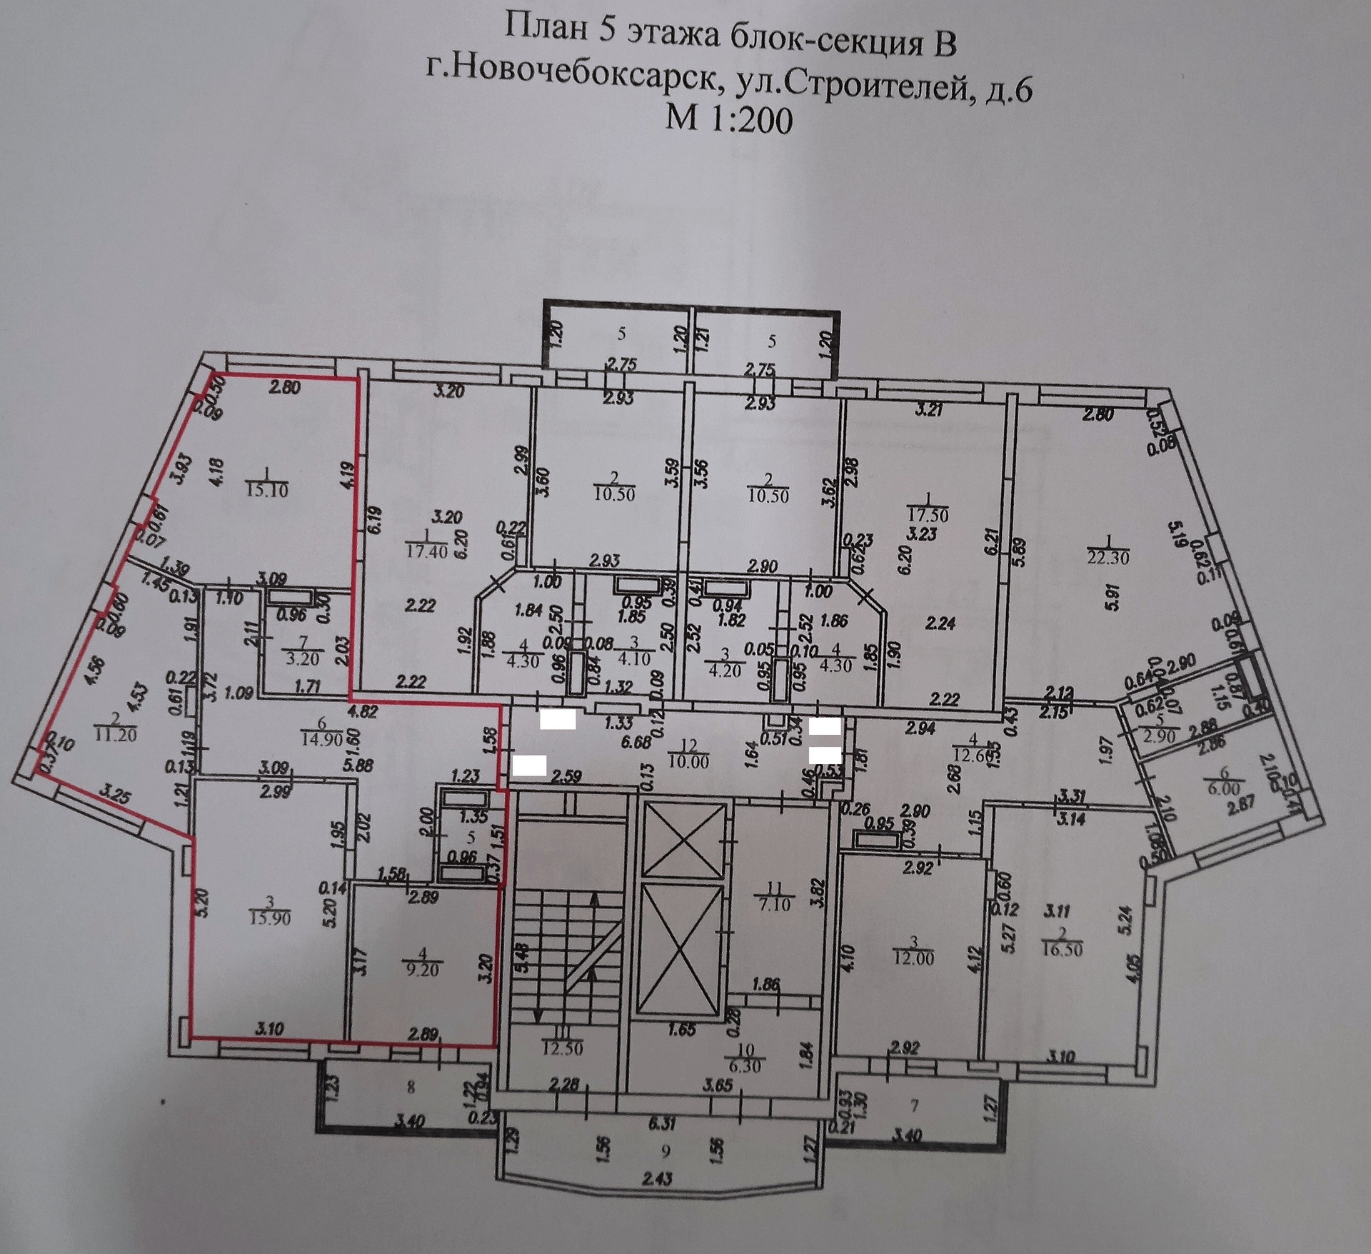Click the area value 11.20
pos(116,734)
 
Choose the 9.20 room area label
pos(422,970)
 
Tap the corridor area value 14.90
pos(323,740)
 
